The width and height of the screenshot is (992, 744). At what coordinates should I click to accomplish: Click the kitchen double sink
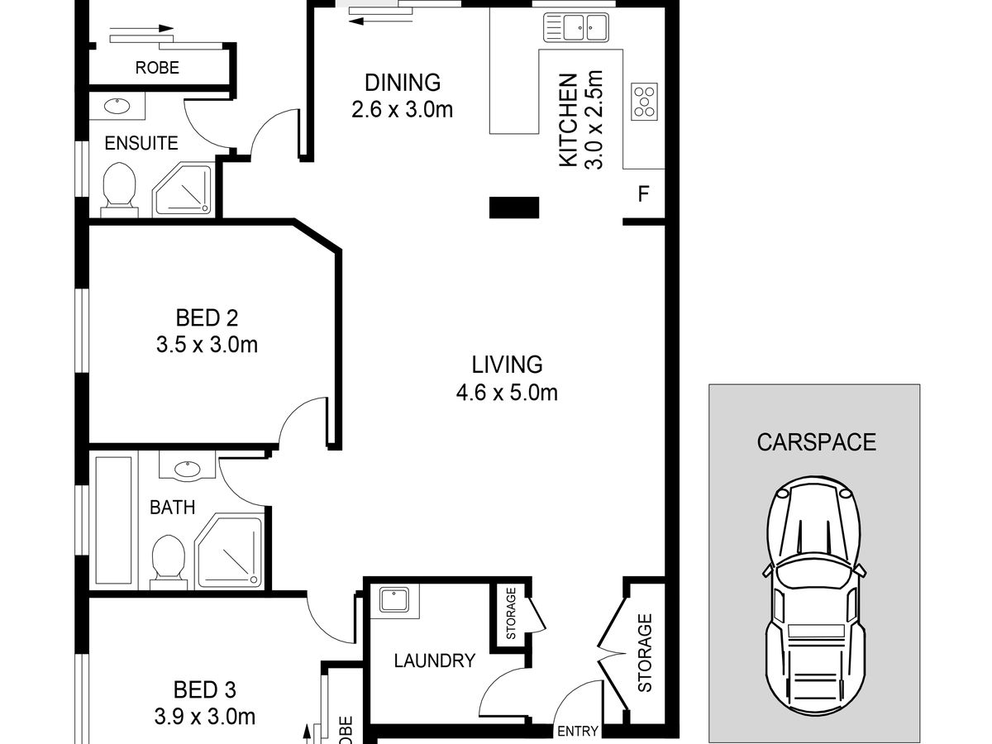click(x=575, y=27)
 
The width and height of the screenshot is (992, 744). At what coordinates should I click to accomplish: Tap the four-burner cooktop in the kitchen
click(x=644, y=102)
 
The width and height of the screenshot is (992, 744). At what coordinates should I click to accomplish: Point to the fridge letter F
click(x=643, y=193)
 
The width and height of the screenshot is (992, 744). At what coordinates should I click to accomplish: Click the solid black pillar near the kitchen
click(x=514, y=207)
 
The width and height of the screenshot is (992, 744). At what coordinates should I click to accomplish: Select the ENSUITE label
click(x=141, y=143)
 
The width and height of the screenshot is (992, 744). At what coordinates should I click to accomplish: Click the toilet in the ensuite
click(x=119, y=190)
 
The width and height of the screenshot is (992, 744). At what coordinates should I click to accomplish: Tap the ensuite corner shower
click(x=183, y=188)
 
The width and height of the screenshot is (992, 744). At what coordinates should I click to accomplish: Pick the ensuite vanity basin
click(x=117, y=107)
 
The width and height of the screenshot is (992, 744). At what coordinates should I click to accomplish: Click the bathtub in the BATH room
click(x=113, y=521)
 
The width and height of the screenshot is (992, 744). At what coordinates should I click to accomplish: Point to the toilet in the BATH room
click(x=169, y=562)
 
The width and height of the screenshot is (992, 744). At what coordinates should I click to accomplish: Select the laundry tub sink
click(x=394, y=600)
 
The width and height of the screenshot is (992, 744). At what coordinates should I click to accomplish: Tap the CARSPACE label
click(x=816, y=442)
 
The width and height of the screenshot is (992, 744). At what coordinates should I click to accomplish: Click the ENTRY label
click(x=578, y=731)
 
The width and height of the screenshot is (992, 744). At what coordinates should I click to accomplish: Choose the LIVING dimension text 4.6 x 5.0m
click(x=507, y=393)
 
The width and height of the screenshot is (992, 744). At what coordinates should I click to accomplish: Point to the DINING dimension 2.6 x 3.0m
click(x=403, y=110)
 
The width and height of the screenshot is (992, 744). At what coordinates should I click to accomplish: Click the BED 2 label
click(x=207, y=318)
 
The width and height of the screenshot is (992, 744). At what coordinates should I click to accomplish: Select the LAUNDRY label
click(x=434, y=661)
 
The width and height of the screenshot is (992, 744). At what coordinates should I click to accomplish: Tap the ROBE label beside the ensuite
click(x=157, y=68)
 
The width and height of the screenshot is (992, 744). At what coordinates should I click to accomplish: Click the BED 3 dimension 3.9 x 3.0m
click(x=205, y=717)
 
